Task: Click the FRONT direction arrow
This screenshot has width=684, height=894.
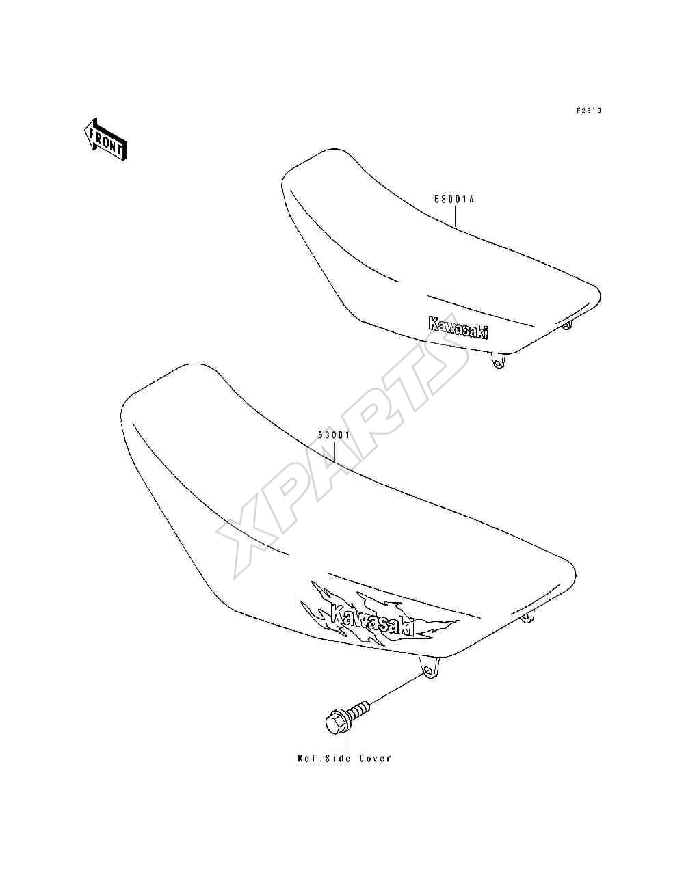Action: [x=105, y=139]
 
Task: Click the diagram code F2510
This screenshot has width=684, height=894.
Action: [x=588, y=111]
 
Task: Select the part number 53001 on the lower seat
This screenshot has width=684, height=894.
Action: [x=333, y=435]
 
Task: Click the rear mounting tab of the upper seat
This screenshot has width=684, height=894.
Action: [x=566, y=325]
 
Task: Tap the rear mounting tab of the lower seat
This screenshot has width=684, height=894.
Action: [x=527, y=629]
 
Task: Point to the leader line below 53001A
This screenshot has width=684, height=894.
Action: [x=455, y=215]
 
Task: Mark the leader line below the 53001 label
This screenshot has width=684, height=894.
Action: [x=334, y=450]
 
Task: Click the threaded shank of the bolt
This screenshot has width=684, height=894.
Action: [x=358, y=710]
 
